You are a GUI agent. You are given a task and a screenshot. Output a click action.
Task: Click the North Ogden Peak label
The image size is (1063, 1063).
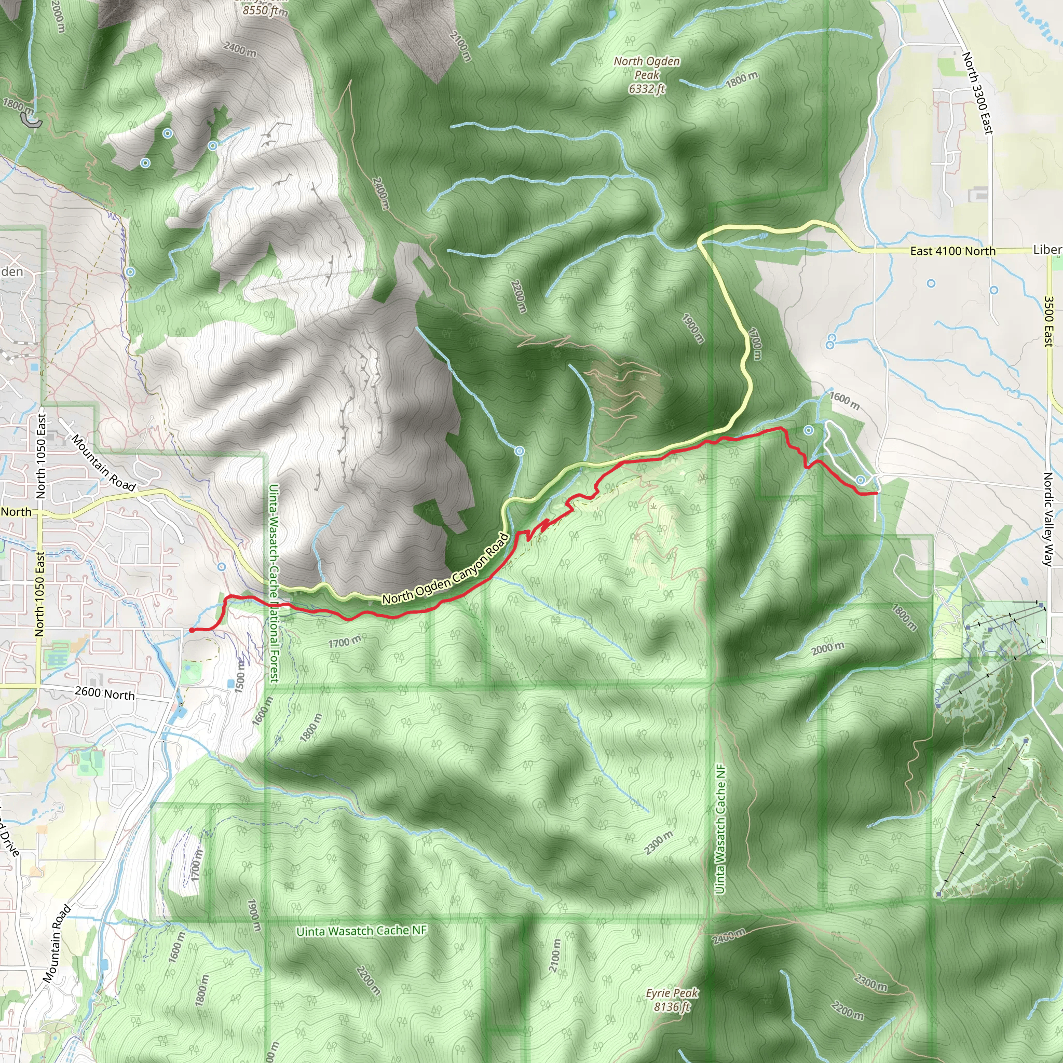pos(647,75)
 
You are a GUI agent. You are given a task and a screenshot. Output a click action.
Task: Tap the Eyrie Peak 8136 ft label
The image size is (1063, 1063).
pos(672,1000)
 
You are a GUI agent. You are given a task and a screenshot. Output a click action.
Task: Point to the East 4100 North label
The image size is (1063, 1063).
pos(952,251)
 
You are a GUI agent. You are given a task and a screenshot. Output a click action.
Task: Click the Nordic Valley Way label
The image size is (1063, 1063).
pos(1047,519)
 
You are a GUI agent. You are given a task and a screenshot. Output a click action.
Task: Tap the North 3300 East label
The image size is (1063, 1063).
pos(977,93)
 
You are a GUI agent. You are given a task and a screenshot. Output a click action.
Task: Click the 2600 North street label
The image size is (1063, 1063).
pos(104,694)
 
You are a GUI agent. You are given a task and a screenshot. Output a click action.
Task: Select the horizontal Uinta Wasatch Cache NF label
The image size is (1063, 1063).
pos(361,931)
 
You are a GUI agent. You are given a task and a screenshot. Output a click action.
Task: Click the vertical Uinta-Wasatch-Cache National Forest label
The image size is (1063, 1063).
pos(274,583)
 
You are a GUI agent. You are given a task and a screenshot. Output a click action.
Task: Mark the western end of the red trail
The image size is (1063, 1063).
pos(192,630)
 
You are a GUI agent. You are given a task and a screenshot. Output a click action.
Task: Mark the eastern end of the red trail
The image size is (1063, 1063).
pos(876,494)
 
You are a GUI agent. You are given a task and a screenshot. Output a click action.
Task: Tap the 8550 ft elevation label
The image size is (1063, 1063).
pos(265,10)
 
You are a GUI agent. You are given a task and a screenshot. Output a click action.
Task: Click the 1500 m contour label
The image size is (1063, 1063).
pos(240,676)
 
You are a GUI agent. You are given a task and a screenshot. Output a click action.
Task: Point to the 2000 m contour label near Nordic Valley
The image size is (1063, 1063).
pos(827,649)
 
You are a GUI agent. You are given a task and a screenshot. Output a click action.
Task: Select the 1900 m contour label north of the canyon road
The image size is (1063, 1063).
pos(693,329)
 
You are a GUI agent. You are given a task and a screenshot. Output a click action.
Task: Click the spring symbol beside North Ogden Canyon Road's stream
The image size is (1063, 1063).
pos(520,451)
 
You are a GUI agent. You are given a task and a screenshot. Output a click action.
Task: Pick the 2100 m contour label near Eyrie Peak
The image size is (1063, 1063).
pos(555,955)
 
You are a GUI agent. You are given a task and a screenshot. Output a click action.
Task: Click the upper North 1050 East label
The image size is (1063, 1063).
pos(42,457)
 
